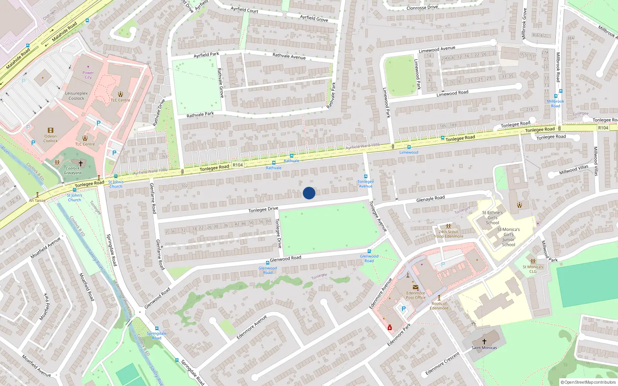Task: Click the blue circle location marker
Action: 309,193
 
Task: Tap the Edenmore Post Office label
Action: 416,295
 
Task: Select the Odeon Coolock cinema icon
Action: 50,130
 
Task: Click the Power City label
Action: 88,75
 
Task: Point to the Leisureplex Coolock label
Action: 76,96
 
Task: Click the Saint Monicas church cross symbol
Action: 484,342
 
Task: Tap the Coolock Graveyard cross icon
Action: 81,164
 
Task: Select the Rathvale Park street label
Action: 200,115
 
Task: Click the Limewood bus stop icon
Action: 409,147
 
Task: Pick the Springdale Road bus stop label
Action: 156,335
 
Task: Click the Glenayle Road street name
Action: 430,199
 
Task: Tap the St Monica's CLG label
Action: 533,269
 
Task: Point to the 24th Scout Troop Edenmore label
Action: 448,234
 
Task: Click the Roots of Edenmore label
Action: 439,306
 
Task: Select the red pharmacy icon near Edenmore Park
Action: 390,328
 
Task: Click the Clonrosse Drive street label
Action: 422,7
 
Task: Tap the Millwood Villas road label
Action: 574,169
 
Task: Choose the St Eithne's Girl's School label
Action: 492,218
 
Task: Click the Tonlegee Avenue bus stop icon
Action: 366,177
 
